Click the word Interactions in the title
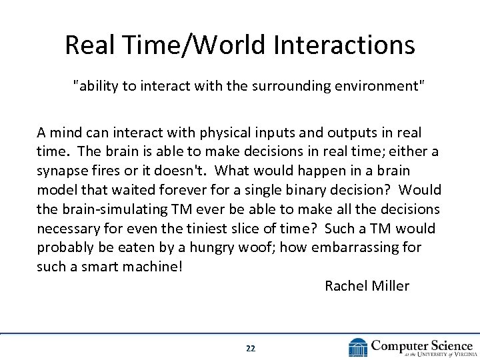343,45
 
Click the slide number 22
251,348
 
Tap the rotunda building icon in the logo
358,347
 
